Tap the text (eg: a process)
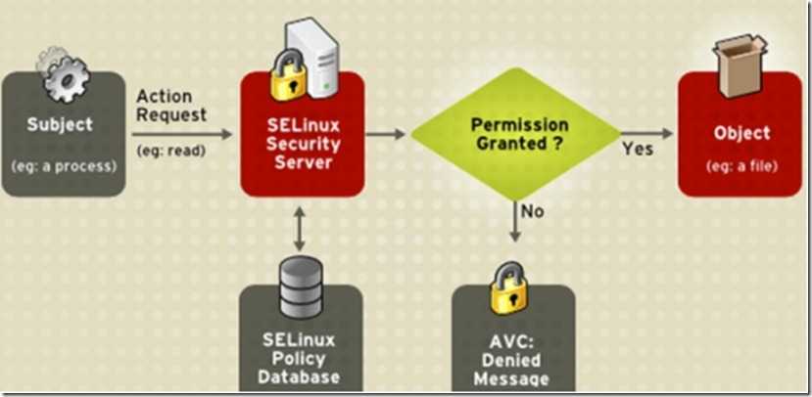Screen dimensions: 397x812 [64, 165]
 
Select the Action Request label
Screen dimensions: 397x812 [171, 106]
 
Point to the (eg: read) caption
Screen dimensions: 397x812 [172, 152]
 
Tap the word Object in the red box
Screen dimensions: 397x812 [741, 133]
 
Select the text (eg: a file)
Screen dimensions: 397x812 [741, 165]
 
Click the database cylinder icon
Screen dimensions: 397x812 [300, 282]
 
